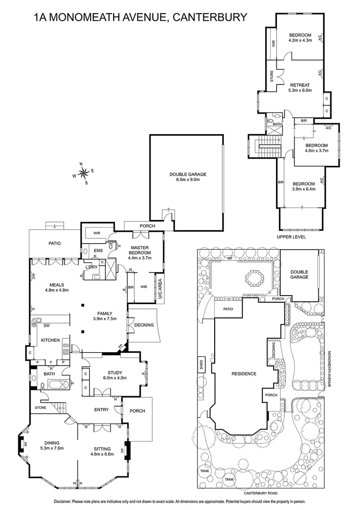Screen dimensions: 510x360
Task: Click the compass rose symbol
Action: pos(83,173)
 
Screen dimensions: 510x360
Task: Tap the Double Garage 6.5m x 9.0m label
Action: pos(188,177)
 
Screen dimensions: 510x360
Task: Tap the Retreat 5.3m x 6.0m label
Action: pos(300,87)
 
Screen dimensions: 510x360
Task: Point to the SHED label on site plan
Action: pos(201,365)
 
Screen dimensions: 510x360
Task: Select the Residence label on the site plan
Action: pos(244,374)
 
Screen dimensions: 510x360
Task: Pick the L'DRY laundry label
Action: pos(91,267)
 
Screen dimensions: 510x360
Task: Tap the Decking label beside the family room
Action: pos(144,325)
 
